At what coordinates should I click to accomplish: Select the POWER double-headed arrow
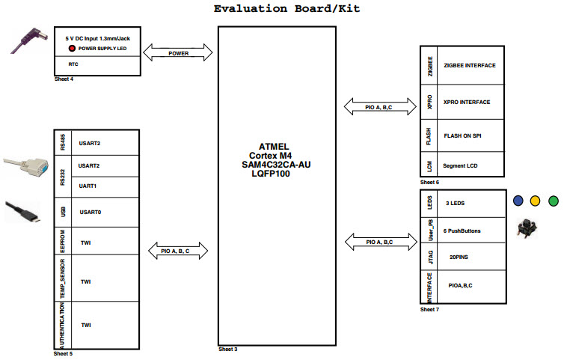pyautogui.click(x=179, y=53)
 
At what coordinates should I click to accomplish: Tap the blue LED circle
pyautogui.click(x=518, y=201)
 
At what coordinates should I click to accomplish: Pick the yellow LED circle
pyautogui.click(x=535, y=201)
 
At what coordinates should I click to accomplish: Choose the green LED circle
pyautogui.click(x=553, y=201)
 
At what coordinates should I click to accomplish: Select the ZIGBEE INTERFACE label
pyautogui.click(x=470, y=66)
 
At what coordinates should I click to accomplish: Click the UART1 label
pyautogui.click(x=89, y=186)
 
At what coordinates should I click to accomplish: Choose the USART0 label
pyautogui.click(x=90, y=212)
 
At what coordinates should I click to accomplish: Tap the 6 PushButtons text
pyautogui.click(x=462, y=231)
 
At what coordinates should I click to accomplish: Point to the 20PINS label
pyautogui.click(x=459, y=257)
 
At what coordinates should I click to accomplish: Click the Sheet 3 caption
pyautogui.click(x=227, y=350)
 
